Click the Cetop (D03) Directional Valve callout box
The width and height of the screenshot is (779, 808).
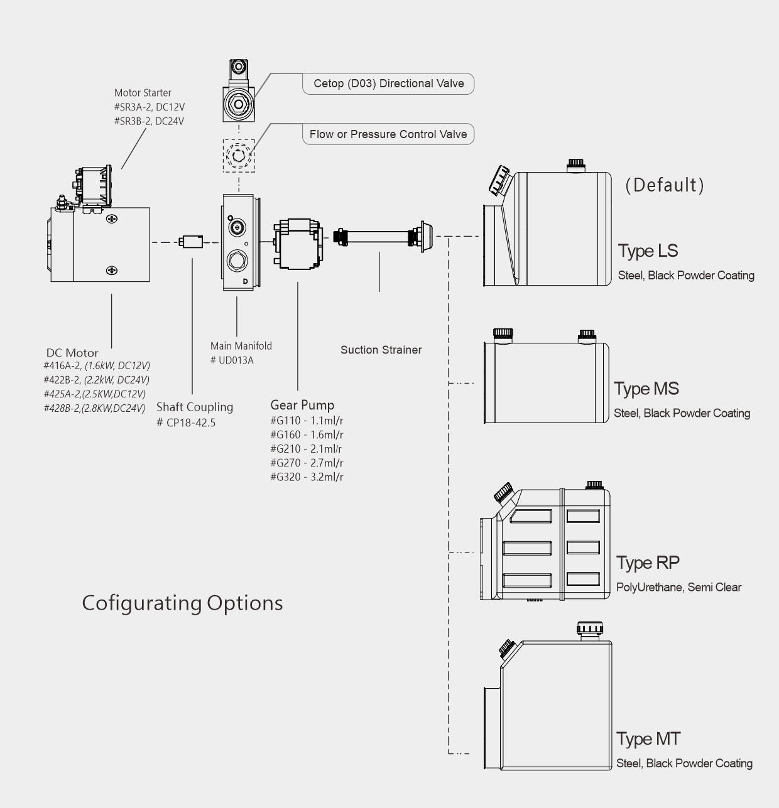click(388, 83)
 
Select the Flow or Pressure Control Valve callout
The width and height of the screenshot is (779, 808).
click(388, 134)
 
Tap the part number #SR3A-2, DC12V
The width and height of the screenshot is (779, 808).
click(150, 107)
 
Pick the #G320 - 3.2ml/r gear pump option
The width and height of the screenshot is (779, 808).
click(307, 477)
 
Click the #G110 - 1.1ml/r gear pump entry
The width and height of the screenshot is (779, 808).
click(307, 420)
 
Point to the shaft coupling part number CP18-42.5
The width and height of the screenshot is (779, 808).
click(186, 423)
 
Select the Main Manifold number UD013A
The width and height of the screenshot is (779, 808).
click(232, 360)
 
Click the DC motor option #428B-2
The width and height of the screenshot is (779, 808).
click(94, 408)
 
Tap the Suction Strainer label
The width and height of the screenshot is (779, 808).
click(381, 350)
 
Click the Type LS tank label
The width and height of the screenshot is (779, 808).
click(648, 250)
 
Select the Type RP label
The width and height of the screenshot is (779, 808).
click(647, 563)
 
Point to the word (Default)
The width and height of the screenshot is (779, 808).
click(665, 185)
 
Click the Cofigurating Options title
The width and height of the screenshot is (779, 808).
click(182, 603)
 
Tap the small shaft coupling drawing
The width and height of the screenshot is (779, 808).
click(190, 241)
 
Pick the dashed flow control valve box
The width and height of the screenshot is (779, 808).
click(239, 155)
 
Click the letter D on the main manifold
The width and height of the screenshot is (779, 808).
click(245, 281)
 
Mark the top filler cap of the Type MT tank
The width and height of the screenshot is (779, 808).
click(589, 629)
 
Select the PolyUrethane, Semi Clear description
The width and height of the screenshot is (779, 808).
click(678, 588)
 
